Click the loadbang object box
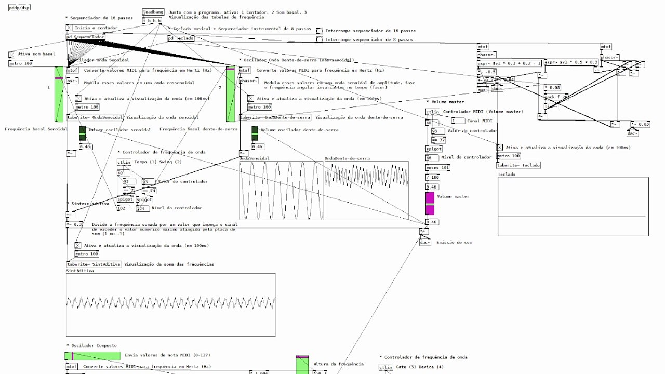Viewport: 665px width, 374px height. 153,11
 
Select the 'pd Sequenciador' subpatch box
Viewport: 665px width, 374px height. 86,37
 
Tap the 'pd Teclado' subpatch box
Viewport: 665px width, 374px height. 181,38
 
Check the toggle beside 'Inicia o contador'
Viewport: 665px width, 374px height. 69,28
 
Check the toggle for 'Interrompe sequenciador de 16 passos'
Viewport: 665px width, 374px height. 320,31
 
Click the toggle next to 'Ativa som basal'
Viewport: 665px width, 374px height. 12,54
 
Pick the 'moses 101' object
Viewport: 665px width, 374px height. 437,168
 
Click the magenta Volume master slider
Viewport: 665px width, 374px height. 430,203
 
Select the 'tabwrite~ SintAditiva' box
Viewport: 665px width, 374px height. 94,264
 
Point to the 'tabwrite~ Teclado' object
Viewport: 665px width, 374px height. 518,165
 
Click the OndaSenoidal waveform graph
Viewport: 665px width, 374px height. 281,190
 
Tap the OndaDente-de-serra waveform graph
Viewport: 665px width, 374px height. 366,190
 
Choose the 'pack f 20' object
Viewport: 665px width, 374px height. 556,97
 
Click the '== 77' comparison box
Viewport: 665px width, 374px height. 439,140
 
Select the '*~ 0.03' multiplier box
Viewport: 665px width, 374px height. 641,125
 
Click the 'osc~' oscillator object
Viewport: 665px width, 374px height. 73,81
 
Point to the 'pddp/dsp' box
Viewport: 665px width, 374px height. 19,8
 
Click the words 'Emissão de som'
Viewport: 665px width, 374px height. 454,242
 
